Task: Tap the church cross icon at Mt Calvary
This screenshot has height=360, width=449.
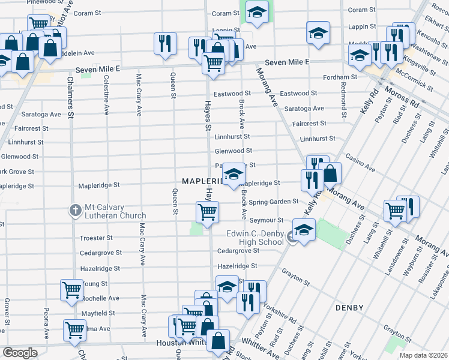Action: [75, 210]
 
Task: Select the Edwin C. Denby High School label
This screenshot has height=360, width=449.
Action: [255, 238]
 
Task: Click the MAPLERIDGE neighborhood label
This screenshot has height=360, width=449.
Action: [203, 181]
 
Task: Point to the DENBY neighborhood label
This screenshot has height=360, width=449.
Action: [350, 308]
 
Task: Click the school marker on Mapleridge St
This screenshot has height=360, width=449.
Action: [234, 175]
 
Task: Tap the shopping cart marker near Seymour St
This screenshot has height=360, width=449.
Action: [207, 212]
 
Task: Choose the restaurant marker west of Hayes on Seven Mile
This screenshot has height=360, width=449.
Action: [164, 43]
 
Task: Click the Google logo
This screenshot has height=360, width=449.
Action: [20, 353]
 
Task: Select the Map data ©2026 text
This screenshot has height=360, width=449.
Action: [423, 355]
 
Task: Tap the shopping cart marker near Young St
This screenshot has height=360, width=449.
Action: [71, 290]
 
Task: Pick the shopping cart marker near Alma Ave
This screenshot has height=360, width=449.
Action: [74, 329]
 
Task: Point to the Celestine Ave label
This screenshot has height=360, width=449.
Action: [106, 95]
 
